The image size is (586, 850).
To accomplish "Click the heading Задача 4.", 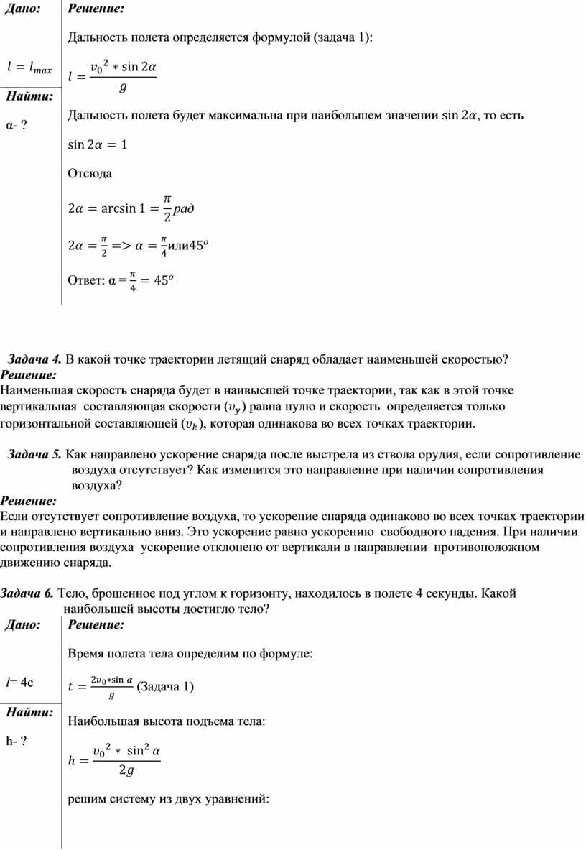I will point(34,359).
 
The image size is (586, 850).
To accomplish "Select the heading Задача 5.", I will point(34,456).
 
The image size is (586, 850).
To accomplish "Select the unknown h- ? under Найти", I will point(15,741).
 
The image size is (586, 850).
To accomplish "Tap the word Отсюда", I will point(88,174).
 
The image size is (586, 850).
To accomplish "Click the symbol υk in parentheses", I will point(193,424).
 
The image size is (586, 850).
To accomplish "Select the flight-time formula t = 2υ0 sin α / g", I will point(100,686).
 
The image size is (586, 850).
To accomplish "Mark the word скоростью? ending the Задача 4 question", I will point(475,359).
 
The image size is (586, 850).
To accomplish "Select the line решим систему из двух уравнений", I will point(167,798).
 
